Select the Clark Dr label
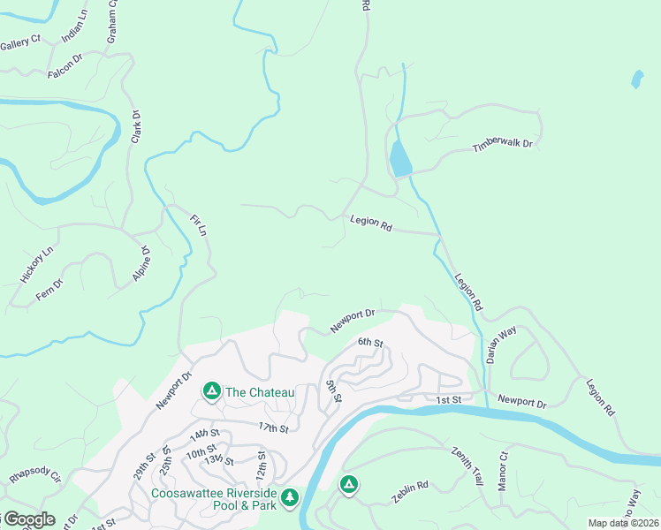(x=136, y=127)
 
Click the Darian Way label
(x=501, y=345)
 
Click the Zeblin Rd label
(x=410, y=492)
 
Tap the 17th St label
(x=274, y=428)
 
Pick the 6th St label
(x=370, y=342)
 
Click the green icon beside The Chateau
(x=211, y=390)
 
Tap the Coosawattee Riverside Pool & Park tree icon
(x=289, y=500)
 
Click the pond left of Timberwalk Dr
(x=399, y=160)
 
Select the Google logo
(x=28, y=519)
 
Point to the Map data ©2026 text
(x=622, y=523)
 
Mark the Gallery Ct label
(x=20, y=43)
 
